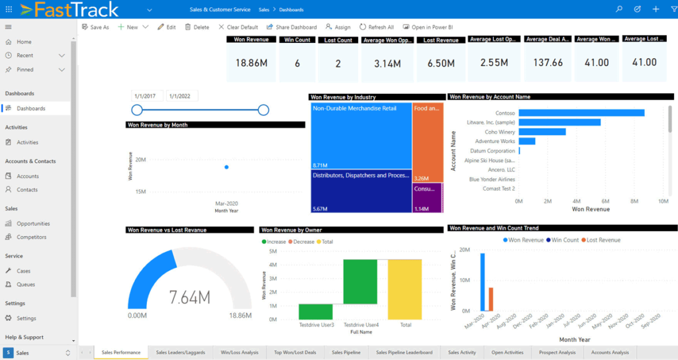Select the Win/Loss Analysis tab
pyautogui.click(x=240, y=353)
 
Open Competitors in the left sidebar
pyautogui.click(x=31, y=237)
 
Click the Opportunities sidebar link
pyautogui.click(x=33, y=224)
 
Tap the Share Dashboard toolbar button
pyautogui.click(x=291, y=27)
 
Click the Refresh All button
pyautogui.click(x=377, y=27)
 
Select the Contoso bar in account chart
pyautogui.click(x=581, y=113)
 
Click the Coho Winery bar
pyautogui.click(x=542, y=132)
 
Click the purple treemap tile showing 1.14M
pyautogui.click(x=427, y=198)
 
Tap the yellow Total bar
pyautogui.click(x=405, y=289)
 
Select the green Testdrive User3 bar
pyautogui.click(x=315, y=312)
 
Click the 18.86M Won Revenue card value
pyautogui.click(x=251, y=63)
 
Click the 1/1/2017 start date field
pyautogui.click(x=147, y=97)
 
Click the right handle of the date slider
pyautogui.click(x=263, y=110)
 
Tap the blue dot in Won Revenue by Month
pyautogui.click(x=226, y=167)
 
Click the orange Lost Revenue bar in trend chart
pyautogui.click(x=491, y=299)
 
